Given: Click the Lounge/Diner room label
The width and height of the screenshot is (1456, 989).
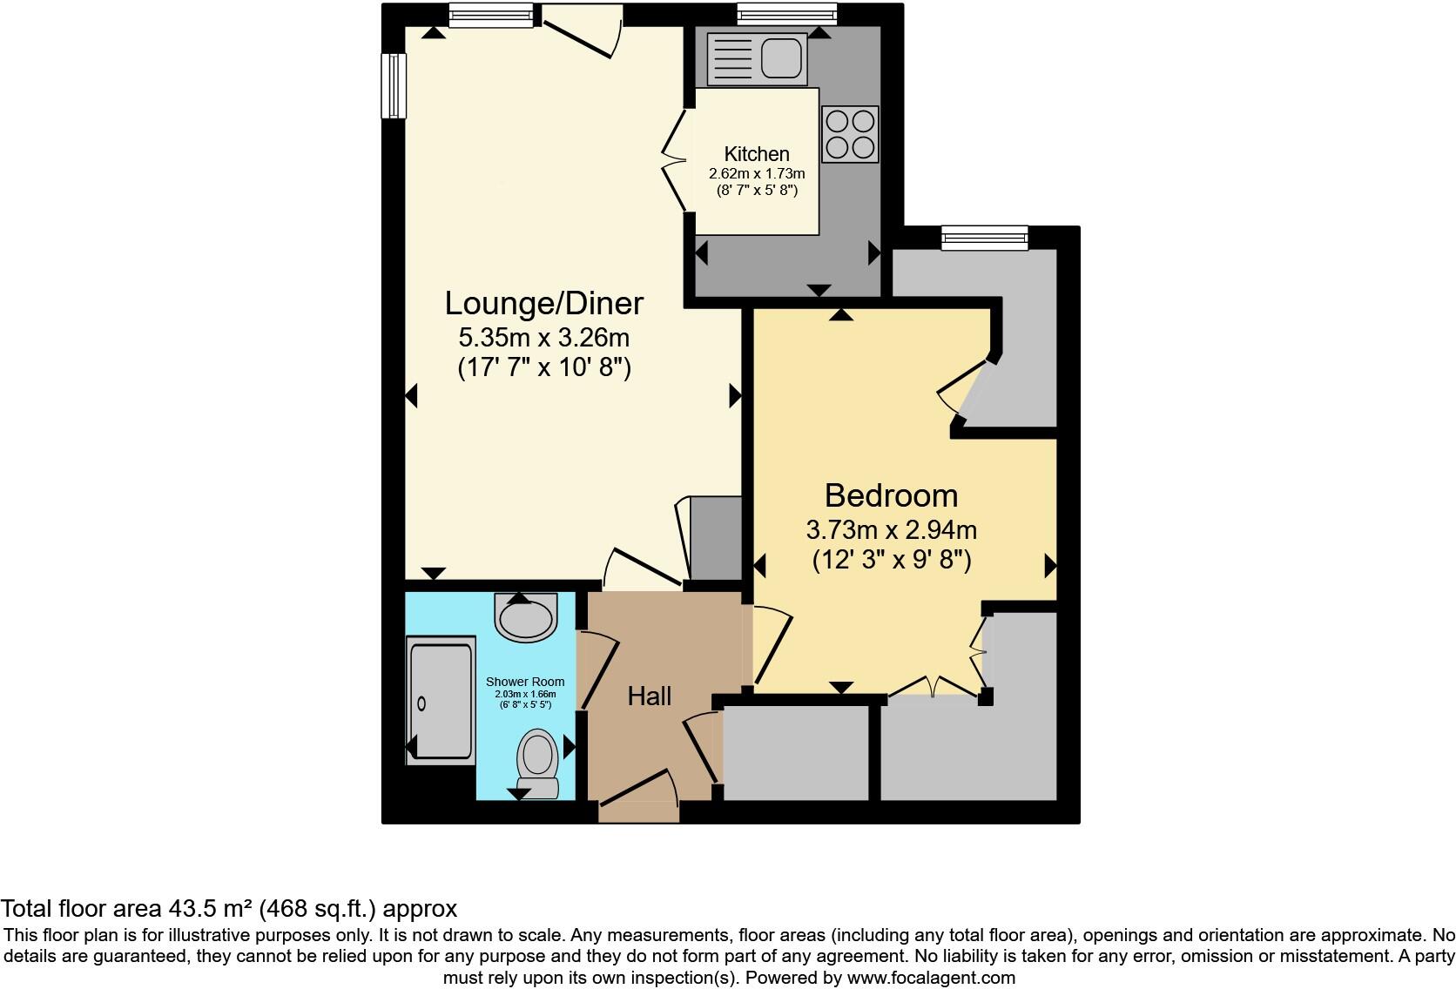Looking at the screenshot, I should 543,303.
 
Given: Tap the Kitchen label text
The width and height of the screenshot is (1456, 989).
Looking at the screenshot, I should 757,154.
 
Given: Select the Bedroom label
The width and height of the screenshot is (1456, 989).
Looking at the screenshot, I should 891,495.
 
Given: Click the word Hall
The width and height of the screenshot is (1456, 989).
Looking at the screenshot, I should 650,696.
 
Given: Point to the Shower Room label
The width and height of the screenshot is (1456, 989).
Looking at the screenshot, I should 524,682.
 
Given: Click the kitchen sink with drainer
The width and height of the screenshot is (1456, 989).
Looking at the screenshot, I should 756,59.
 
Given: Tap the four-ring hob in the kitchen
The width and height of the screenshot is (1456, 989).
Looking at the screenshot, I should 850,134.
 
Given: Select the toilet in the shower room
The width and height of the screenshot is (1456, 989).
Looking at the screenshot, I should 538,763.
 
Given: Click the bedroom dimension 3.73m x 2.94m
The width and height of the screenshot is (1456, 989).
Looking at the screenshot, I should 891,529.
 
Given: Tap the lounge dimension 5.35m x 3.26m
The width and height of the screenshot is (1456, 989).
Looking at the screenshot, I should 543,336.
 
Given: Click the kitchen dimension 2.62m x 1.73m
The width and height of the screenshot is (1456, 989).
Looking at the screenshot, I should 756,174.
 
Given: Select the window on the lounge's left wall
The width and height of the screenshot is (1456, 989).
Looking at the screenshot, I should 394,85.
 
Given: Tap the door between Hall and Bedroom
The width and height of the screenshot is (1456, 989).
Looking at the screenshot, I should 770,649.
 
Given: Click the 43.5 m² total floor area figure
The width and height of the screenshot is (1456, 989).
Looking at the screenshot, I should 209,909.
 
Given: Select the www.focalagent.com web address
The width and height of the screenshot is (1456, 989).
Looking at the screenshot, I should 931,978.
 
